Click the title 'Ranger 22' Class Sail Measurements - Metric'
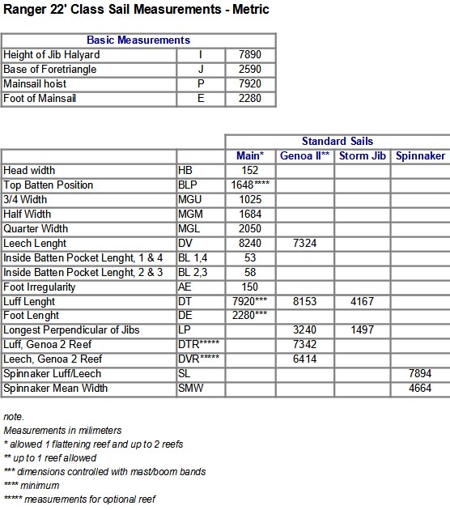pos(135,10)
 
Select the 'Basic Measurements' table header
pos(138,40)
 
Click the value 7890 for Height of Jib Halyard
pos(251,54)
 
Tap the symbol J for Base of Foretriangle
pos(201,69)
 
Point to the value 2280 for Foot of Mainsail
pos(251,98)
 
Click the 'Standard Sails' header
pos(337,141)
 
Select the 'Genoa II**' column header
pos(305,155)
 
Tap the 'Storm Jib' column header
pos(362,155)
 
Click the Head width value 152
pos(251,171)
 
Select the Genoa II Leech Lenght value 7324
pos(305,244)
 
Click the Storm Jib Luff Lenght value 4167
pos(362,302)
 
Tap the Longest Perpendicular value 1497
pos(362,331)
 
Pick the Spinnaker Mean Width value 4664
pos(421,389)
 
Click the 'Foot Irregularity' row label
pos(40,287)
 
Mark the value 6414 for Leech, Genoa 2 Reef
pos(305,360)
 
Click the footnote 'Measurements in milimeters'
pos(54,431)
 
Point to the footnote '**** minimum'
pos(32,485)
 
